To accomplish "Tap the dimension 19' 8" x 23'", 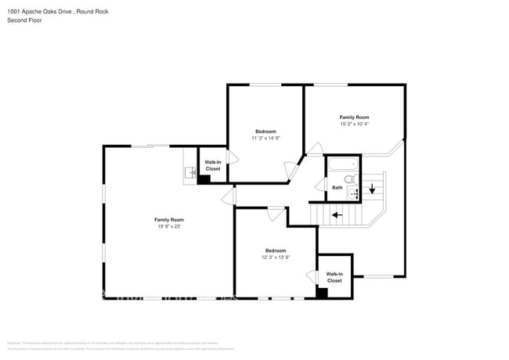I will [168, 227].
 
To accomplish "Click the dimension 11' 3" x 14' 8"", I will [265, 138].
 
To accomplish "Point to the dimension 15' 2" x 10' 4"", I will [354, 124].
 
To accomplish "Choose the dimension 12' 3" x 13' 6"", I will [276, 257].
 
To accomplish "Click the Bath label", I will [337, 188].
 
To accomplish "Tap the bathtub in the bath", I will [343, 164].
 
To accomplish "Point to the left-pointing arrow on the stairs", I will [337, 214].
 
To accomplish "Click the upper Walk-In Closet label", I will [213, 166].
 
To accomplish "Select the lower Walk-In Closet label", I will [334, 277].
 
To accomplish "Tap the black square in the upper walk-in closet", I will [204, 179].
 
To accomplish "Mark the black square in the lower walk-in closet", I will [321, 293].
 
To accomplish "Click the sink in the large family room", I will [189, 172].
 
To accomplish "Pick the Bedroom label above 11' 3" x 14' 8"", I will [265, 131].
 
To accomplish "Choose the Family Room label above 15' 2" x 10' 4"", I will [354, 117].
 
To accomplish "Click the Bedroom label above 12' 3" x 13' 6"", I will [276, 250].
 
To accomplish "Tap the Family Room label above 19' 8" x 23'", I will [168, 220].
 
